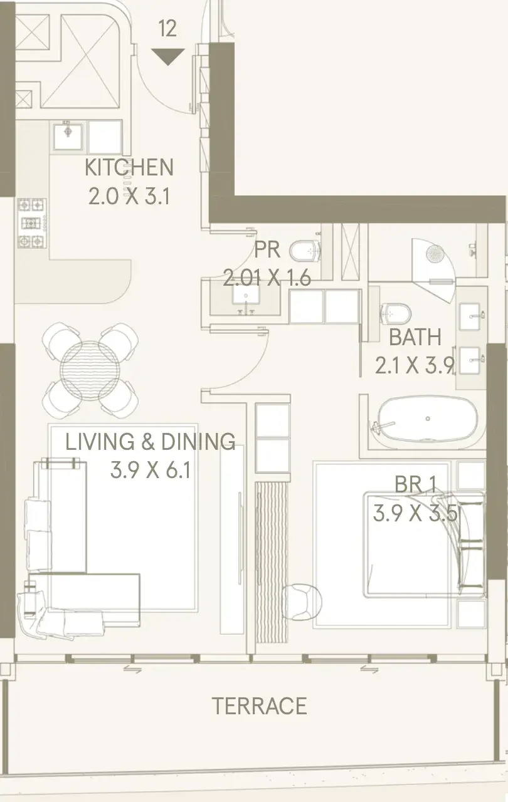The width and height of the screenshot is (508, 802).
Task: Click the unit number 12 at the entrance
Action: (167, 29)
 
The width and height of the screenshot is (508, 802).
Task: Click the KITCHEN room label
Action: (129, 167)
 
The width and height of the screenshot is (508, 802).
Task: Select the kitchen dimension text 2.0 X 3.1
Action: (129, 197)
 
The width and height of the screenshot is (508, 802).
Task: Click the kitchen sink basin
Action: (68, 137)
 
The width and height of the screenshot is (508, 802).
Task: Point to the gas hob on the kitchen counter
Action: (32, 223)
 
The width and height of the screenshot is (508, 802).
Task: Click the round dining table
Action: (90, 370)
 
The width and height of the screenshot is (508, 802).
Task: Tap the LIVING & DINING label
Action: (151, 442)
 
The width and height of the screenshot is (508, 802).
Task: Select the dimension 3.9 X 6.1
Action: (151, 470)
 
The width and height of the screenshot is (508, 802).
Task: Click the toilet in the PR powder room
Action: (305, 251)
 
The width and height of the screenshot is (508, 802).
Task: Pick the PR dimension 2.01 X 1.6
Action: (267, 278)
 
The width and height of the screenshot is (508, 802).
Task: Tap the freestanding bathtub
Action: (426, 419)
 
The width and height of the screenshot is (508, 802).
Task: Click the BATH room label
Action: (415, 337)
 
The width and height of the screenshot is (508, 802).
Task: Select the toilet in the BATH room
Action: (395, 313)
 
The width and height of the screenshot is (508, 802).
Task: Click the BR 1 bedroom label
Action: (416, 484)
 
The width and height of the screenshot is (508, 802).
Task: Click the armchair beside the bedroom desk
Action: (301, 602)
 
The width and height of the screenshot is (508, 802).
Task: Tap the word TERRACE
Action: (260, 706)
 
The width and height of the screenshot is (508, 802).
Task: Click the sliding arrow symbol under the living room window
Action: (132, 669)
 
